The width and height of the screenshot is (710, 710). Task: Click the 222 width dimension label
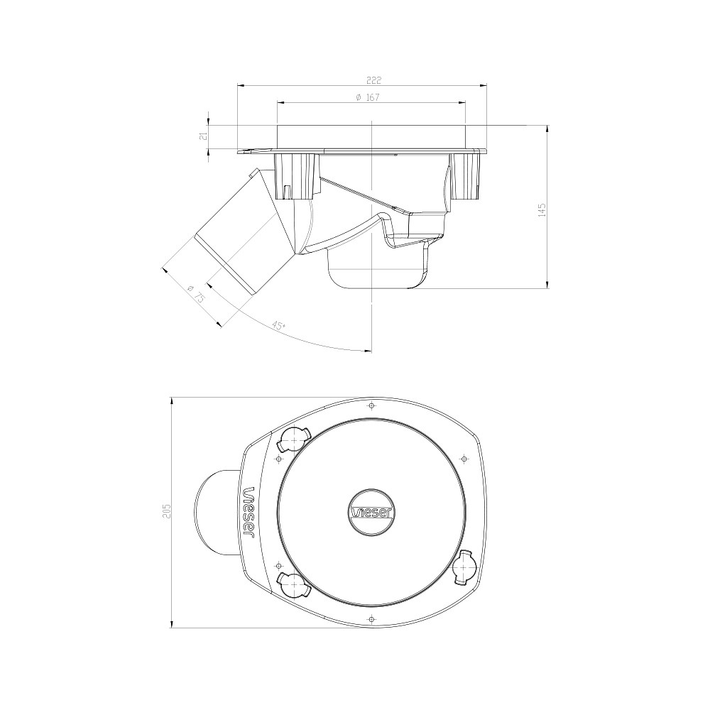(x=374, y=80)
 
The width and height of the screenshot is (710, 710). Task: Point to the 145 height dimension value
(x=542, y=209)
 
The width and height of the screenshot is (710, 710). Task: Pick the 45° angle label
(x=278, y=325)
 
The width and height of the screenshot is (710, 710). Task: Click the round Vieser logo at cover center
(x=371, y=512)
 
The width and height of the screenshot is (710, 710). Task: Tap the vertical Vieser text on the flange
(x=249, y=512)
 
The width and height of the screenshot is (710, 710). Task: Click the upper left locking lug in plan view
(x=293, y=439)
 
